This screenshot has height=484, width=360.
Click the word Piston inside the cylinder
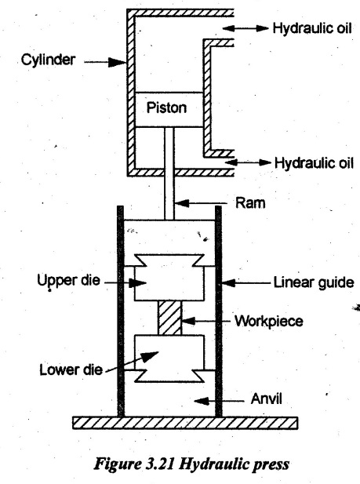[166, 108]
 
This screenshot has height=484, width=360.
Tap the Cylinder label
[48, 60]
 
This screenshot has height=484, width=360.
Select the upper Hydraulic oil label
[312, 28]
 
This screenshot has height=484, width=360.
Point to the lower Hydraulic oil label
[314, 162]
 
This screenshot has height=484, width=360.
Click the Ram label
[250, 203]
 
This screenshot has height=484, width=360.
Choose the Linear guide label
[314, 282]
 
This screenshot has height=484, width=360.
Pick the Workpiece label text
[269, 322]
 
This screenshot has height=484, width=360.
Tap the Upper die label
[68, 281]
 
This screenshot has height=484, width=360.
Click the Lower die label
[71, 369]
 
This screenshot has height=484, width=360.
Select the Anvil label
[266, 398]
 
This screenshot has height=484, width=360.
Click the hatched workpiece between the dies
[170, 318]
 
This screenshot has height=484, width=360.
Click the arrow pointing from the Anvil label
[219, 401]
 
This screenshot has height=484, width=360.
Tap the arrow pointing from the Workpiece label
[206, 321]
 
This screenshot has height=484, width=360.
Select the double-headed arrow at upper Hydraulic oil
[245, 28]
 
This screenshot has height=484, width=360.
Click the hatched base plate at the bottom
[185, 423]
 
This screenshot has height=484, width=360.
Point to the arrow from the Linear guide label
[247, 282]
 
